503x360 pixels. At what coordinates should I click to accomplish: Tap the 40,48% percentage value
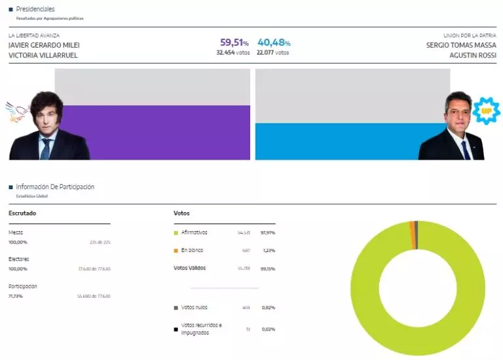274,43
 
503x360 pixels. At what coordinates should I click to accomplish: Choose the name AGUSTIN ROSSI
472,56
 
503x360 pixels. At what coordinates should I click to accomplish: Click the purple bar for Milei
152,132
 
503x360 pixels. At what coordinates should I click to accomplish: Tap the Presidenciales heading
35,9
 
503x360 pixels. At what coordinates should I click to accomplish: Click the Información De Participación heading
55,187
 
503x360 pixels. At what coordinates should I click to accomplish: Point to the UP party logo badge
486,111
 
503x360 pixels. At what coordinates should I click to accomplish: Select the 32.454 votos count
233,52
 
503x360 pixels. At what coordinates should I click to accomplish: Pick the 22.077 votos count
273,52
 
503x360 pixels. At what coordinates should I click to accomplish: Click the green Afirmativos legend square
176,232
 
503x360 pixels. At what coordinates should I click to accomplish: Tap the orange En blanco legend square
176,250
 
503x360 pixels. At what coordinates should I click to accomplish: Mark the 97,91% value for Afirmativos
268,232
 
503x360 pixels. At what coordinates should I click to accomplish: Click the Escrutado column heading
22,213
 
